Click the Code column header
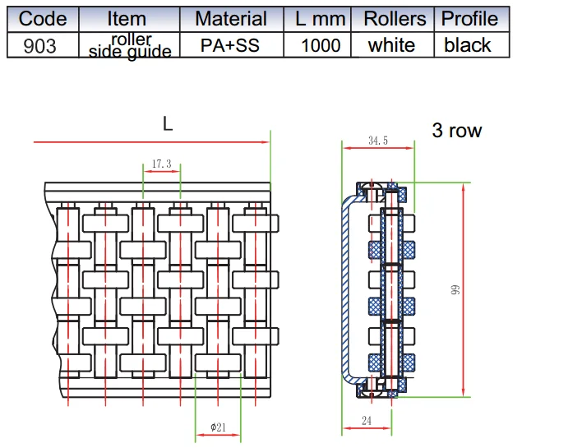pyautogui.click(x=43, y=19)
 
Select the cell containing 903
pyautogui.click(x=40, y=46)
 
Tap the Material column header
pyautogui.click(x=231, y=19)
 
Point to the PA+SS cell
pyautogui.click(x=230, y=46)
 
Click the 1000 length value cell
pyautogui.click(x=321, y=46)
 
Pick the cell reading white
pyautogui.click(x=391, y=46)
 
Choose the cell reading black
pyautogui.click(x=468, y=46)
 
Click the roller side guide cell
pyautogui.click(x=130, y=46)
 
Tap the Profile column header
pyautogui.click(x=469, y=19)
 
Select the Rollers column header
pyautogui.click(x=395, y=19)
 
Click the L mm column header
pyautogui.click(x=320, y=19)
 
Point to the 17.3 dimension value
pyautogui.click(x=162, y=164)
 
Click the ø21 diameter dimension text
pyautogui.click(x=219, y=427)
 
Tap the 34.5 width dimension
pyautogui.click(x=378, y=141)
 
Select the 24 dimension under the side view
pyautogui.click(x=367, y=421)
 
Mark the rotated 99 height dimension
pyautogui.click(x=455, y=290)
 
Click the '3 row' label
pyautogui.click(x=457, y=131)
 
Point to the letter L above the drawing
pyautogui.click(x=168, y=123)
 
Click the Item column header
pyautogui.click(x=127, y=19)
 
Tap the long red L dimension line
pyautogui.click(x=151, y=141)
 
